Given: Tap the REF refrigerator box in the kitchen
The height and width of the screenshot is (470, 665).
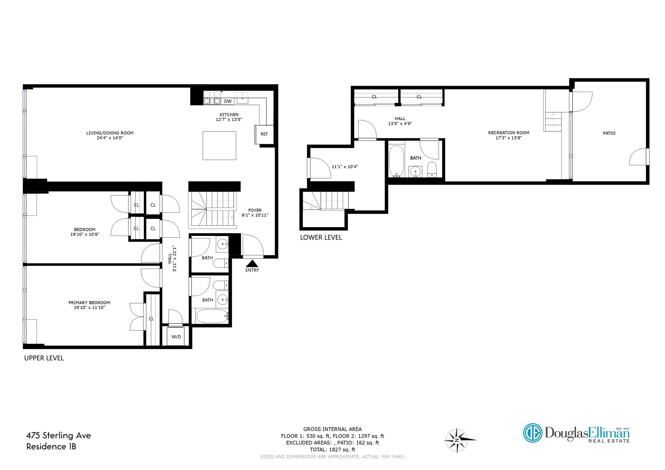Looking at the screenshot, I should click(264, 134).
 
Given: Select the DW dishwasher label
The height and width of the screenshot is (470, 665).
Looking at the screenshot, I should click(228, 101).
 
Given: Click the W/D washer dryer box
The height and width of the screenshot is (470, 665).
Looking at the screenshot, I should click(176, 336).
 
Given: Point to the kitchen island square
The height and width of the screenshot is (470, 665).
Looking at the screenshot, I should click(219, 145).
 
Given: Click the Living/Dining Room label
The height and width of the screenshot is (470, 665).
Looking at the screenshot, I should click(110, 133).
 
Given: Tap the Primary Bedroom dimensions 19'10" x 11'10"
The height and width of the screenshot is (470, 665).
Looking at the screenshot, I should click(89, 307).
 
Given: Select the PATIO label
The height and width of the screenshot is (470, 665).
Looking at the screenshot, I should click(609, 133).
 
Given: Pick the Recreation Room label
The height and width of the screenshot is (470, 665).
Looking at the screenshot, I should click(508, 133).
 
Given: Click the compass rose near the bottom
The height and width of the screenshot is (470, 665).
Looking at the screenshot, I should click(457, 440).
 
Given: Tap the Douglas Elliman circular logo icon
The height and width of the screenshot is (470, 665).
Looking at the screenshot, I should click(532, 433).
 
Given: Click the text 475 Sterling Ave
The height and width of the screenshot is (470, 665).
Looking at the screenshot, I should click(59, 435).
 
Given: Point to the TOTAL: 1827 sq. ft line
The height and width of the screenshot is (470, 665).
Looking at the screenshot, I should click(332, 450).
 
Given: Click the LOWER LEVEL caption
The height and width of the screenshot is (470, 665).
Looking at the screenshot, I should click(321, 237).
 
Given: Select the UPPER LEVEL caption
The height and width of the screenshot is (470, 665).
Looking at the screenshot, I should click(44, 358).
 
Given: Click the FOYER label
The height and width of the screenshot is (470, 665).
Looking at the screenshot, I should click(255, 210).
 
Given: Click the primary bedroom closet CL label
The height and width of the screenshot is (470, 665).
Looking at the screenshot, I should click(151, 319).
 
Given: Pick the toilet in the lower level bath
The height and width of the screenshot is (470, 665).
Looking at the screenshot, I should click(432, 169).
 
